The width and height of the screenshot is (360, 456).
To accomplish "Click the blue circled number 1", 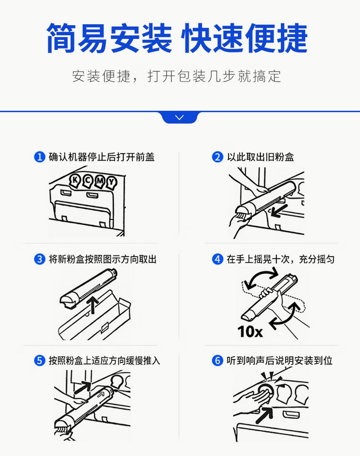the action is [x=40, y=157].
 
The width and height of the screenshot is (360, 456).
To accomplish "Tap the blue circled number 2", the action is [x=218, y=157].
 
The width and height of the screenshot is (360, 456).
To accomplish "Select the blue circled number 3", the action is [x=40, y=259].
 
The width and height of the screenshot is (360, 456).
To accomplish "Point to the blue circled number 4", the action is [x=218, y=259].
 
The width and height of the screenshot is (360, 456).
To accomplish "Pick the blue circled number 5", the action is [x=40, y=361].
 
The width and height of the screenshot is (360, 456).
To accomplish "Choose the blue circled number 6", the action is [x=218, y=361].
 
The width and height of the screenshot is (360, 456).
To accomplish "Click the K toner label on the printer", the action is [x=75, y=180].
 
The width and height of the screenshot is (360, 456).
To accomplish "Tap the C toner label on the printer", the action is [x=88, y=181].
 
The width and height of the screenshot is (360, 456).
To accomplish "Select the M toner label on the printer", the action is [x=100, y=181].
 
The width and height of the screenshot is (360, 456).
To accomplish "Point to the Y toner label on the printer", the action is [x=111, y=182].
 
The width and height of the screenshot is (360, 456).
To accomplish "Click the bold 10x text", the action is [x=250, y=331].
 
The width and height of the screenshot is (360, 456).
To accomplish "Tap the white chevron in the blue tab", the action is [x=180, y=117].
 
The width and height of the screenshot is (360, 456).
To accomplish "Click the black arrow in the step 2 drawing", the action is [x=279, y=210].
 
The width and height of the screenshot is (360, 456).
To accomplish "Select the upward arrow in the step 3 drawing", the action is [x=93, y=305].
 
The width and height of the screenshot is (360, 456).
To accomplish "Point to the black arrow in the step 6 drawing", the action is [x=264, y=415].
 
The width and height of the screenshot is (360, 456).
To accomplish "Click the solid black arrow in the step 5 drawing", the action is [x=83, y=387].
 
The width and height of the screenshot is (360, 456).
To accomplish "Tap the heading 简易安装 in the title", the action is [x=109, y=38].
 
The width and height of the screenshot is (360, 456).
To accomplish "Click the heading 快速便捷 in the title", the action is [x=245, y=38].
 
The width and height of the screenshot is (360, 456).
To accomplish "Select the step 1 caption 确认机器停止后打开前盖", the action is [x=102, y=157].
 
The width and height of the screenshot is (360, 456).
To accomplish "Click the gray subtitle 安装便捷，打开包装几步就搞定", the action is [x=177, y=76].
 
